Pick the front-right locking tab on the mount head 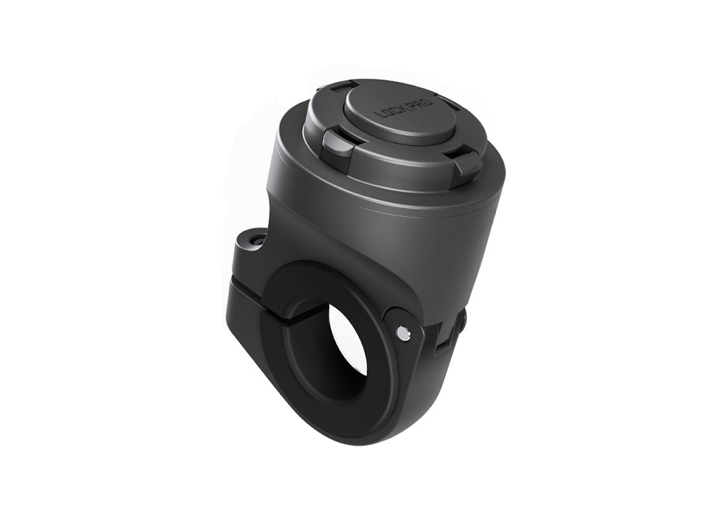[x=467, y=163]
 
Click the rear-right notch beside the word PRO [x=449, y=104]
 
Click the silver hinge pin [x=403, y=332]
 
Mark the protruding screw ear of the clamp [x=249, y=247]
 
